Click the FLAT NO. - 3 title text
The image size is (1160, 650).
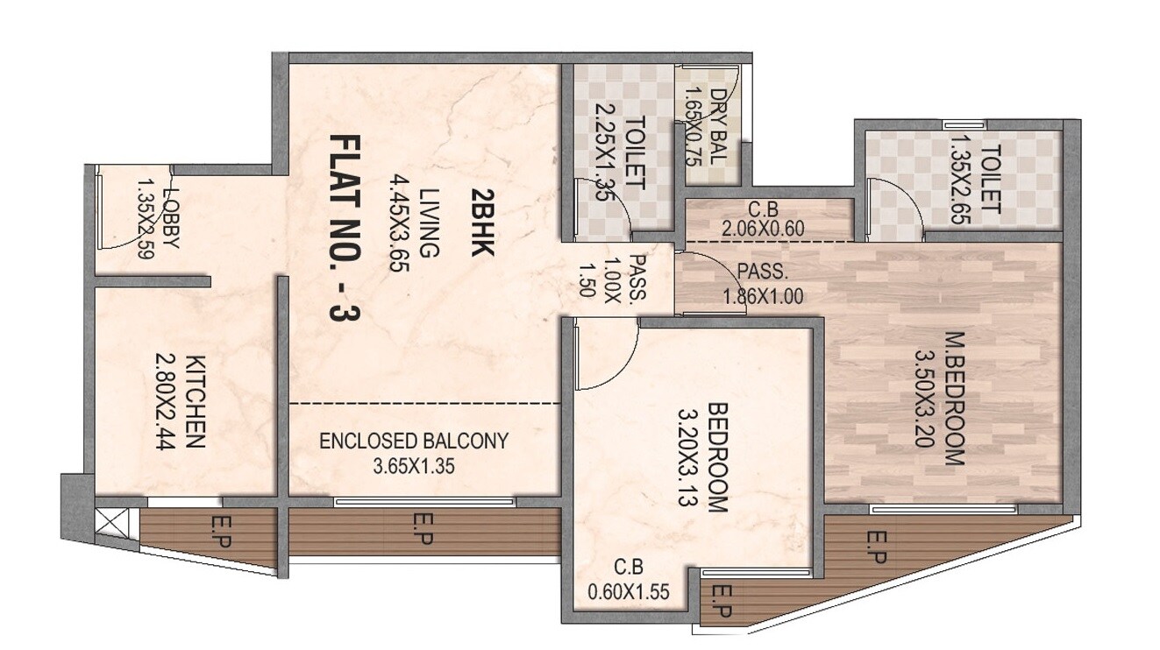pos(345,230)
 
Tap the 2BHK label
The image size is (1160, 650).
pos(481,222)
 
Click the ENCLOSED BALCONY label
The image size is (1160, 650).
pos(413,441)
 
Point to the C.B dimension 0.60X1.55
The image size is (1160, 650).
pos(629,591)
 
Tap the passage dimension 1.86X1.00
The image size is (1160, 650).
pos(763,296)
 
